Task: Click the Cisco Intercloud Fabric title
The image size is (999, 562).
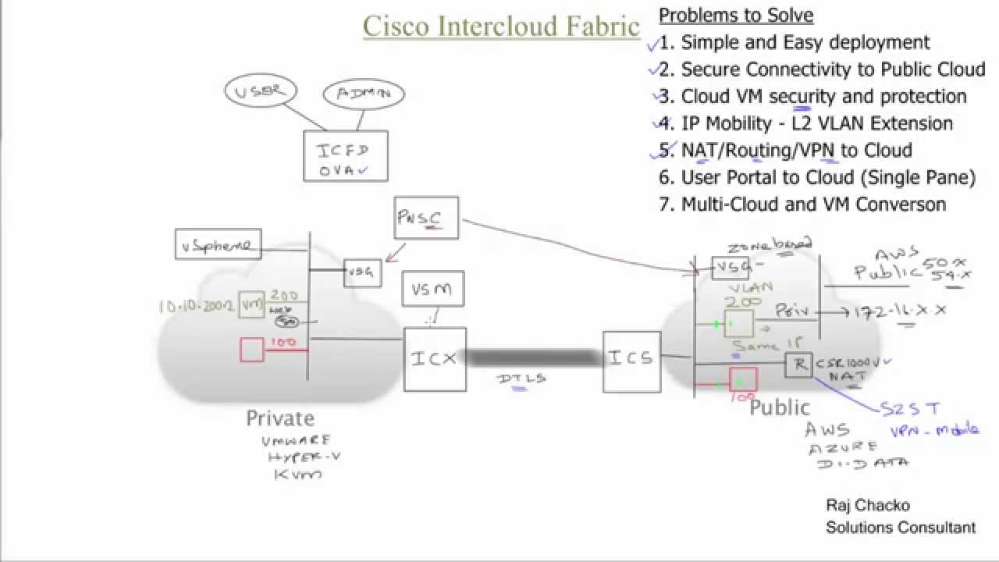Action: tap(501, 26)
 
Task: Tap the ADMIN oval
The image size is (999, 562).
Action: tap(363, 94)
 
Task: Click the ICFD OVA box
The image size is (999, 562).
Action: tap(345, 156)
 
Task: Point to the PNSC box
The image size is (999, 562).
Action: tap(427, 218)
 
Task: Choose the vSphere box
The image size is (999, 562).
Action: tap(218, 245)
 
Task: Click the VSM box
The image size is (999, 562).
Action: tap(432, 289)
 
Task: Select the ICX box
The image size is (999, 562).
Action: tap(435, 359)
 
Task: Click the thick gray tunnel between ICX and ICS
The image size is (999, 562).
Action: tap(535, 358)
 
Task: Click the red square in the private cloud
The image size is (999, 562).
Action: tap(251, 350)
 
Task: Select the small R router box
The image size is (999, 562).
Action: tap(798, 365)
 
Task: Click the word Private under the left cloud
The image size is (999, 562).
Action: tap(280, 418)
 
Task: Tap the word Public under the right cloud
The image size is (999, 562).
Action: tap(779, 407)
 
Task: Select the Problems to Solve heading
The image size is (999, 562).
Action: tap(736, 15)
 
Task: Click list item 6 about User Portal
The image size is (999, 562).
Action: tap(817, 177)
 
